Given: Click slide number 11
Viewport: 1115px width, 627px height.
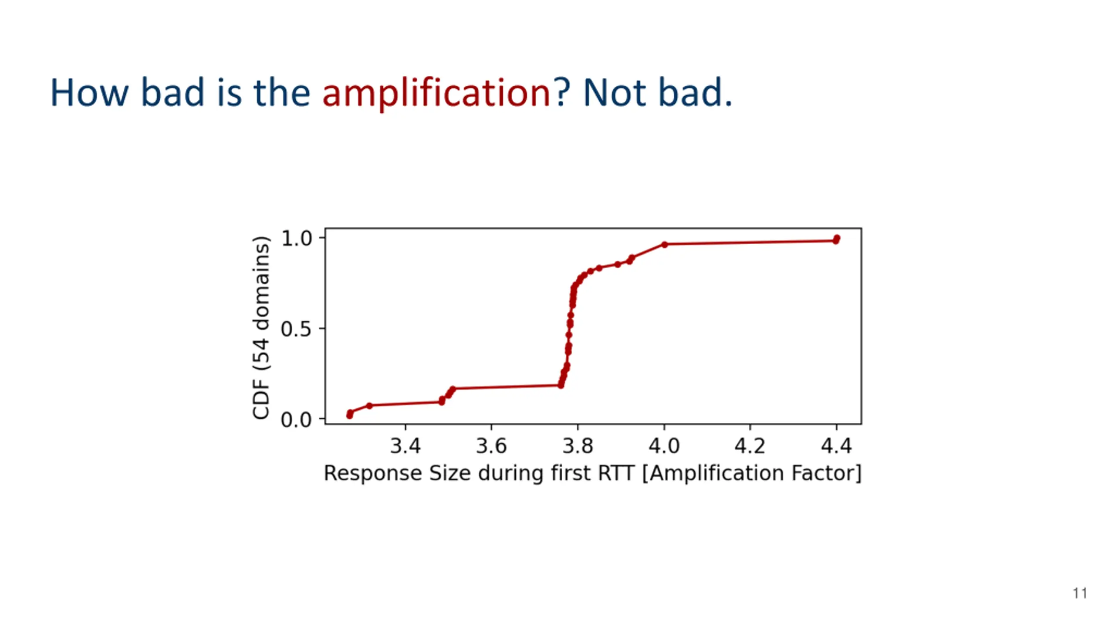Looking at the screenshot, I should pos(1080,593).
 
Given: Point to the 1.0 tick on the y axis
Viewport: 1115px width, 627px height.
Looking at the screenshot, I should pos(297,238).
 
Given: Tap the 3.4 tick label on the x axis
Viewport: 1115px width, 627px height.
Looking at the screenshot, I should pos(405,446).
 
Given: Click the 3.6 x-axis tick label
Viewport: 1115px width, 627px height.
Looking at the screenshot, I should pos(491,446).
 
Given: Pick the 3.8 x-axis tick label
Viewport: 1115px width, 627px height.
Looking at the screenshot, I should pos(578,446).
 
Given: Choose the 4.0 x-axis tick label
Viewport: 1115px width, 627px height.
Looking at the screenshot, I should pos(664,446).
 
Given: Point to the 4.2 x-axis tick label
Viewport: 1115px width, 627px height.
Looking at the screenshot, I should pos(750,446).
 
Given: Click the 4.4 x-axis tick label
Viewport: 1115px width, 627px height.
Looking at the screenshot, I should pos(836,446).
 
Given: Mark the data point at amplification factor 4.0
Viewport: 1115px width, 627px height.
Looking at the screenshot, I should pos(664,245).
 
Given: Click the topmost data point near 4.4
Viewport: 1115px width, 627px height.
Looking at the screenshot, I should pos(837,238).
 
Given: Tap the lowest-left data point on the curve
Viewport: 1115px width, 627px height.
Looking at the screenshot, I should pos(349,416).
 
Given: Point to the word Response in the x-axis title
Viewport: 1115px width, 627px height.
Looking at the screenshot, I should pos(373,473).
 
